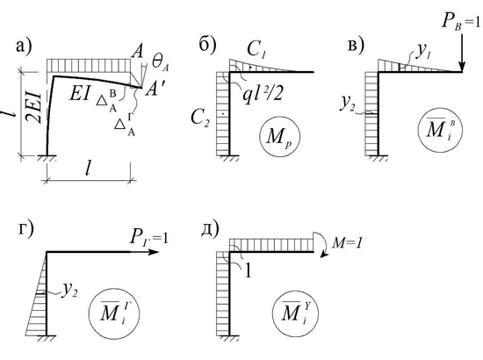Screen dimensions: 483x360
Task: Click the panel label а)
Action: point(24,47)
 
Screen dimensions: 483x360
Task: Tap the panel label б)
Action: point(207,46)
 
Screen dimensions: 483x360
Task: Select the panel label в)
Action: point(356,46)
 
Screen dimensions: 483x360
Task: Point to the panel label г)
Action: point(25,230)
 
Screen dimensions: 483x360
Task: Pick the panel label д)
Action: point(210,229)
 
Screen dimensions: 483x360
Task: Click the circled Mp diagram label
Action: point(279,136)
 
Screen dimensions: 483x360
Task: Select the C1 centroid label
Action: point(256,49)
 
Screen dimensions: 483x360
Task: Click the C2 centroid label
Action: point(200,118)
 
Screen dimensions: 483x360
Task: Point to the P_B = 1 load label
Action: point(461,22)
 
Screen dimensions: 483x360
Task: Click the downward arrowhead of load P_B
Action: point(461,66)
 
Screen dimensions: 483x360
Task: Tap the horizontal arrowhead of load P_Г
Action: point(153,252)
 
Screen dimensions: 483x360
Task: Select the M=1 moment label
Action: point(347,243)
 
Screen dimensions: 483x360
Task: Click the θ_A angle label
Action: point(160,63)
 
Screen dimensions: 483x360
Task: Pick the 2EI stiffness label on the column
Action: point(34,106)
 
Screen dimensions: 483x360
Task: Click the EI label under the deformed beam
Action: point(80,94)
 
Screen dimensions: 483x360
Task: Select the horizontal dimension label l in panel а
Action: point(88,169)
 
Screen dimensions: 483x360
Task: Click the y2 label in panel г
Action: point(69,290)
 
